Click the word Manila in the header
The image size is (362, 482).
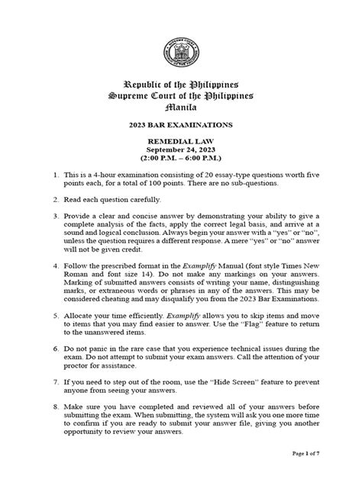pyautogui.click(x=181, y=108)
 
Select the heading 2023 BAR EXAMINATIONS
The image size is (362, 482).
pyautogui.click(x=181, y=126)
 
